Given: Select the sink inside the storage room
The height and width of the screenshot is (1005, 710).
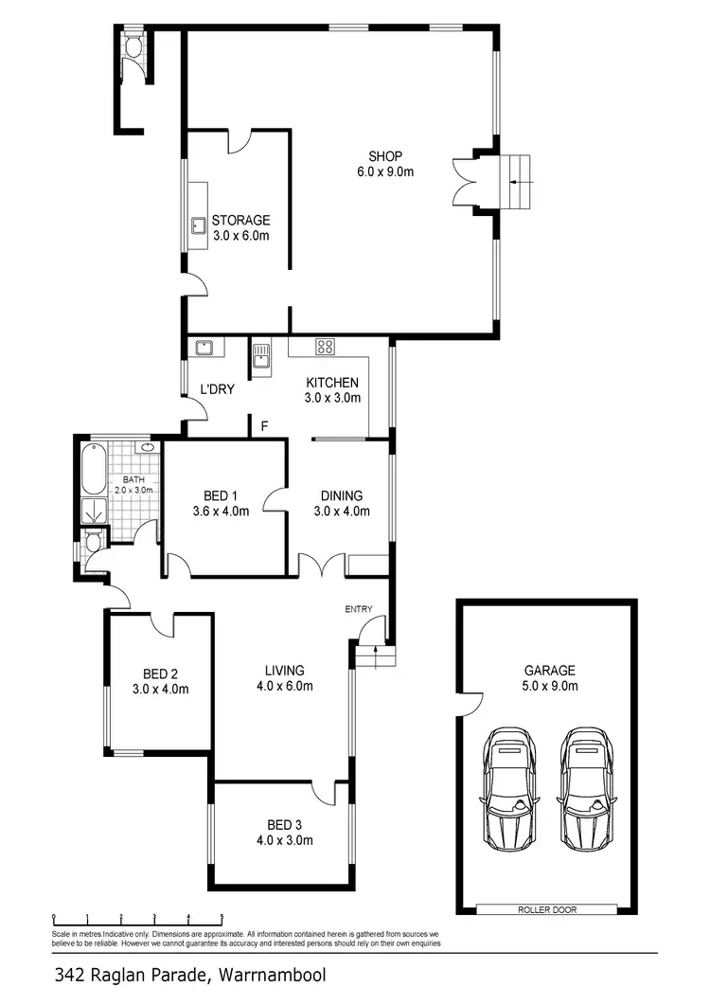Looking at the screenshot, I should point(200,225).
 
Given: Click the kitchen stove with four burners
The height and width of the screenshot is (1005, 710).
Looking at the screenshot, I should point(325,347).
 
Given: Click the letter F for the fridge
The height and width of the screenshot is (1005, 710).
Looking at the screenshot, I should point(265,426).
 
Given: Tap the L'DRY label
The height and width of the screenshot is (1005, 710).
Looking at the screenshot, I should point(217,388).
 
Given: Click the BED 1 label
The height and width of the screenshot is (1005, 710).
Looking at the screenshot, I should point(221,495).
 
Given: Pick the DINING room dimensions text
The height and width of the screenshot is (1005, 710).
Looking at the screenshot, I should point(342,511).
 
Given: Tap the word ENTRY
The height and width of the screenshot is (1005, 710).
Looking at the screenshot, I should point(359,609).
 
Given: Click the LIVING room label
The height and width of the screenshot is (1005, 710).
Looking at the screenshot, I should point(283,671).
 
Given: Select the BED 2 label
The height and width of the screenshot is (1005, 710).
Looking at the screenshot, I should point(160,673).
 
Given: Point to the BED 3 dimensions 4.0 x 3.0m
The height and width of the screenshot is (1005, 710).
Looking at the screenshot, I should point(283,839).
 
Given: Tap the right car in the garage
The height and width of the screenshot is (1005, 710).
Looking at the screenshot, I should point(583,789).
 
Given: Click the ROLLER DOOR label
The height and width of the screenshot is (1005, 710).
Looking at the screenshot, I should point(545,909).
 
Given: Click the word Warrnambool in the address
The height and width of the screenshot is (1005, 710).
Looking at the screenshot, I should point(274,974).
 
